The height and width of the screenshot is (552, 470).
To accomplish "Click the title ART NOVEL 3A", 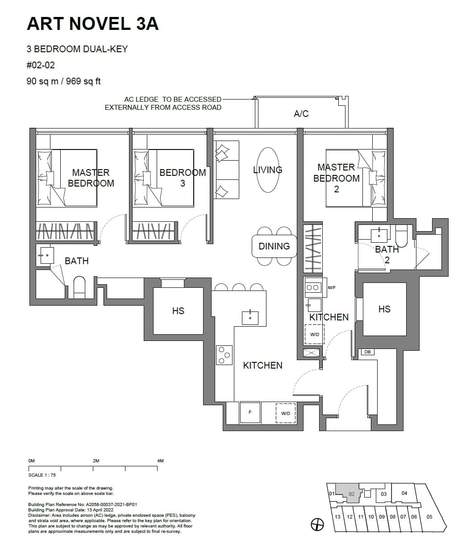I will click(92, 24).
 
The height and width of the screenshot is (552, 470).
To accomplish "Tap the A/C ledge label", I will click(301, 114).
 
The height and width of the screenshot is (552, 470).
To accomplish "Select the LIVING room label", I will click(267, 170).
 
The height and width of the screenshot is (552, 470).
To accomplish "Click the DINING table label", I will click(274, 246).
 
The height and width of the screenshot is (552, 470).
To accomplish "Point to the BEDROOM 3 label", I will click(183, 178).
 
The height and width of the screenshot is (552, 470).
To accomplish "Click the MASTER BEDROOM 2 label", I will click(336, 178).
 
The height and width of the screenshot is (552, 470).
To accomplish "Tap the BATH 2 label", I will click(387, 254).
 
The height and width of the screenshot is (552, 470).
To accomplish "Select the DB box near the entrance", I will click(367, 352).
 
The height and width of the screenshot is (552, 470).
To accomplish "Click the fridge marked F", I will click(250, 412).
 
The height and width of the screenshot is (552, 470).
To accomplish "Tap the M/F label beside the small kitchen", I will click(332, 288).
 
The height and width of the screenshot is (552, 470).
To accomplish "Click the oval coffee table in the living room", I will click(268, 170).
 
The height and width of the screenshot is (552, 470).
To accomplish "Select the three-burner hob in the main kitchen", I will click(224, 355).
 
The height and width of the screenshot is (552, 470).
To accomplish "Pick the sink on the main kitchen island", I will click(250, 318).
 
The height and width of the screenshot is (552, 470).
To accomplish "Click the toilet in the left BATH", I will click(79, 287).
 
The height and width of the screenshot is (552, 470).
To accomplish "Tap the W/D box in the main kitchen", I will click(286, 413).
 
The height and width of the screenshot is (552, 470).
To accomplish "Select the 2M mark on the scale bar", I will click(96, 461).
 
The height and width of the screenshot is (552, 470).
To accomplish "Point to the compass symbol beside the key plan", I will click(317, 525).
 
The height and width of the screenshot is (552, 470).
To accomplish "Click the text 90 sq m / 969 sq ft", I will click(64, 81).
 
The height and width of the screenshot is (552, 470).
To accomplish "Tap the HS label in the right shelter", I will click(384, 309).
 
